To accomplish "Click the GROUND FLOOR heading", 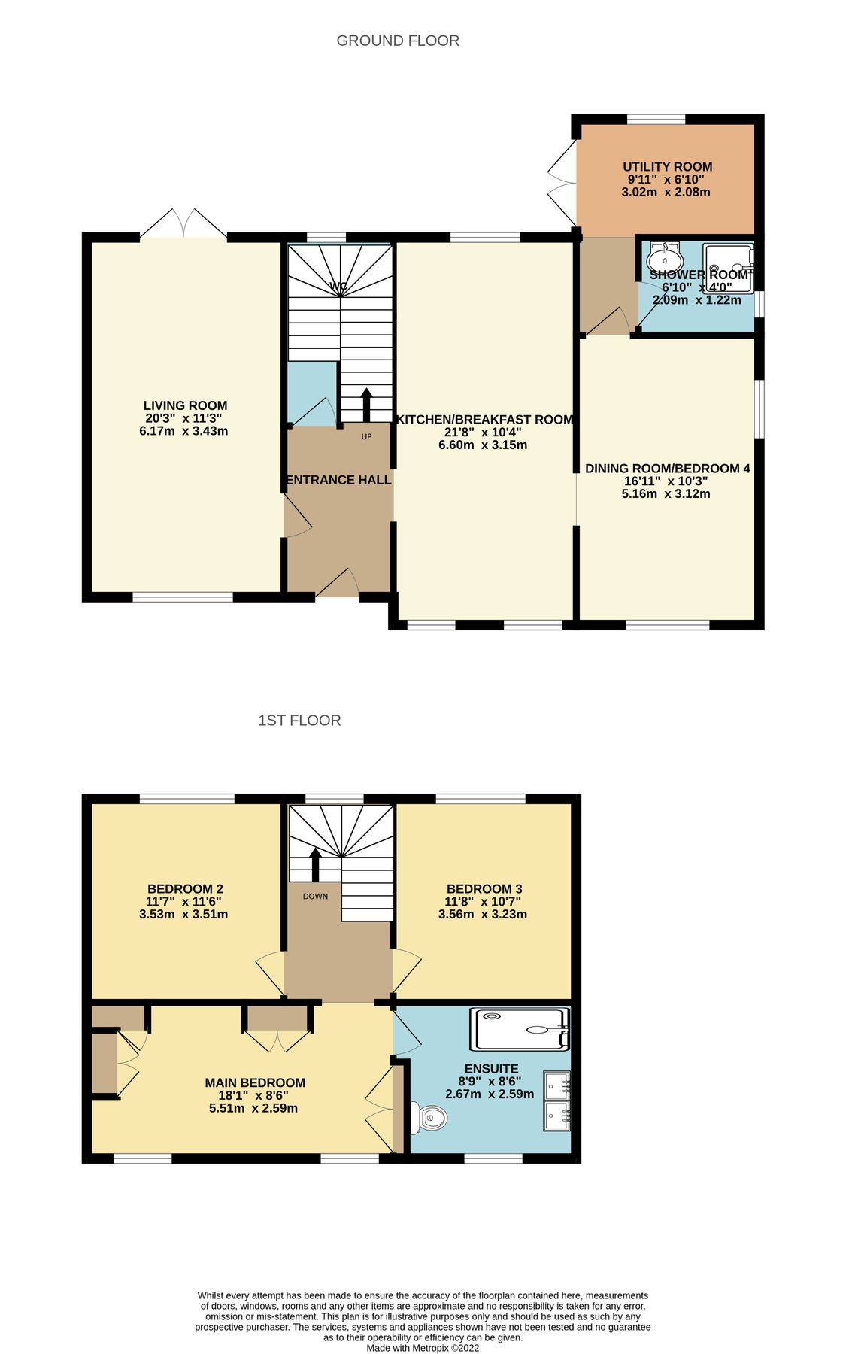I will tap(398, 41).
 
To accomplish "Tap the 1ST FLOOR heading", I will tap(299, 720).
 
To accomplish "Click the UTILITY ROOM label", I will tap(667, 167).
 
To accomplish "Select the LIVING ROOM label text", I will tap(185, 405).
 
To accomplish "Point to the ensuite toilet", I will tap(429, 1117).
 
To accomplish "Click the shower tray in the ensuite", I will tap(519, 1029).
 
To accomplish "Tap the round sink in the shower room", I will tap(664, 260).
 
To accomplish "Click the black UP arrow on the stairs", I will tap(366, 404).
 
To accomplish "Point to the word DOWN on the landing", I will tap(315, 896).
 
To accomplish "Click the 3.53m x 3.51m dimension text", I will tap(183, 914).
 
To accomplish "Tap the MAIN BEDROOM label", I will tap(255, 1082).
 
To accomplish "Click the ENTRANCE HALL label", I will tap(338, 480).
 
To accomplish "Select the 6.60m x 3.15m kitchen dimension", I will tap(483, 445).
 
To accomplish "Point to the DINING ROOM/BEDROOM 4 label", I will tap(667, 468).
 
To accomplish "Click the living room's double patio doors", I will tap(183, 224).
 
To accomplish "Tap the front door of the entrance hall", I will tap(336, 585).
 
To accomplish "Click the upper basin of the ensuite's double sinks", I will tap(556, 1085).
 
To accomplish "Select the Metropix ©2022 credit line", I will tap(422, 1348).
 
